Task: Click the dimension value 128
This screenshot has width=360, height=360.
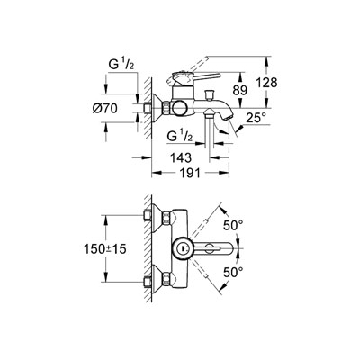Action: tap(266, 82)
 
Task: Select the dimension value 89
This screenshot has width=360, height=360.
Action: tap(239, 91)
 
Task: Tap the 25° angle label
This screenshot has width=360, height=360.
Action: tap(256, 118)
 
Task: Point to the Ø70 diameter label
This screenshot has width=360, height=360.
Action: tap(104, 108)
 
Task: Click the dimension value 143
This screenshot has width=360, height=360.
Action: tap(181, 157)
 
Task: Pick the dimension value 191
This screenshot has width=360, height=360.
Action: tap(190, 173)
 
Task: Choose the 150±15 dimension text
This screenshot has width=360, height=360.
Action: tap(105, 248)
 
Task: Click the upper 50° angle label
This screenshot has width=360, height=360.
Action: tap(233, 225)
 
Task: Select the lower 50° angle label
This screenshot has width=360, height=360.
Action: tap(233, 273)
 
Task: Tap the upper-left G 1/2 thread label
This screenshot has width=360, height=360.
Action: tap(121, 66)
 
